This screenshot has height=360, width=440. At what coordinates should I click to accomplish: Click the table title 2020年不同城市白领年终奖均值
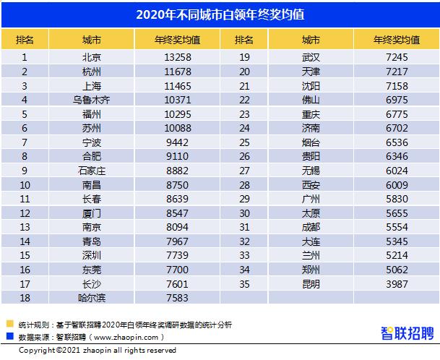pos(220,14)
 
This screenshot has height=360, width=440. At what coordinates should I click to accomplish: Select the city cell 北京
pos(92,56)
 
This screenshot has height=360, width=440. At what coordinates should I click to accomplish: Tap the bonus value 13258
pos(177,56)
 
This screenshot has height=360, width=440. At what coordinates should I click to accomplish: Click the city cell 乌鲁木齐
pos(92,99)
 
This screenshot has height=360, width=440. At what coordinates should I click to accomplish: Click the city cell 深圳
pos(92,255)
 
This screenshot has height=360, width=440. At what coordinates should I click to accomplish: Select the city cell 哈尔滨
pos(92,297)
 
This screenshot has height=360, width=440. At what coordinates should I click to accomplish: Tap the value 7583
pos(177,297)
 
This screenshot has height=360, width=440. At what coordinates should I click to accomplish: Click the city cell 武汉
pos(311,56)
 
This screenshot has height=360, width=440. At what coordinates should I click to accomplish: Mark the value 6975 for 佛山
pos(397,99)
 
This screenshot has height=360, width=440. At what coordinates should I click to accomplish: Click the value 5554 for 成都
pos(397,226)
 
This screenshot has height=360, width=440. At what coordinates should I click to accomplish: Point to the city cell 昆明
pos(311,283)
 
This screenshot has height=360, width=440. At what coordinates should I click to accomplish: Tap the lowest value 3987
pos(397,283)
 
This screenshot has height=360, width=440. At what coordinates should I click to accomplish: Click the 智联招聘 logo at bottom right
pos(407,333)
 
